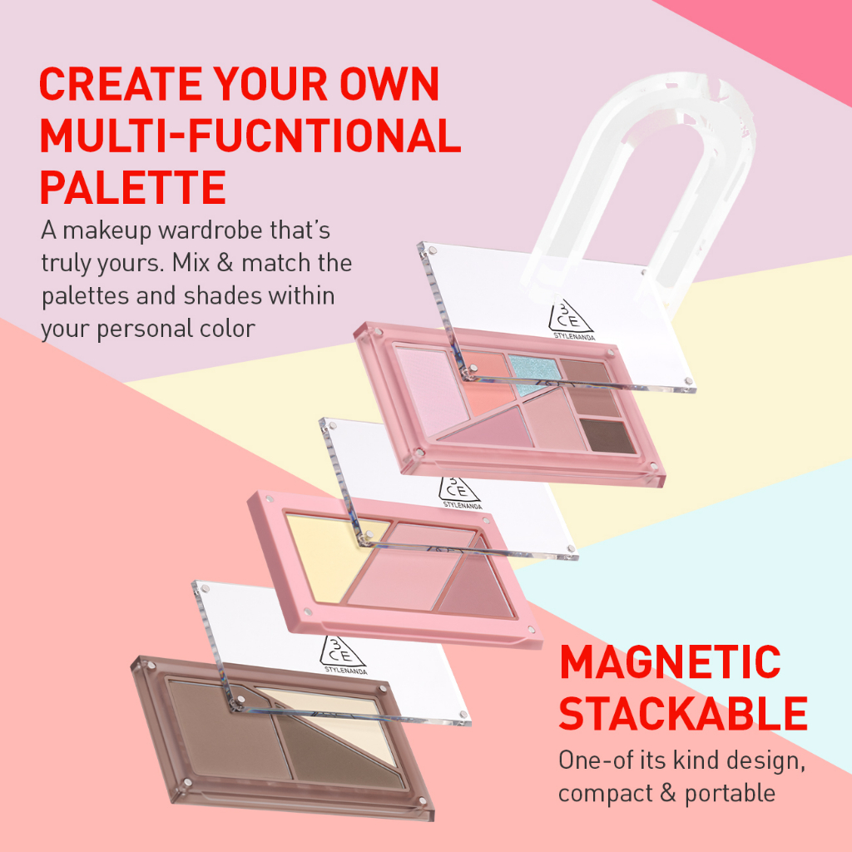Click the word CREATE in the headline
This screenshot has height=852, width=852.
(x=121, y=84)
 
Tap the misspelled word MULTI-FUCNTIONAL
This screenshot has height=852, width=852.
(x=250, y=136)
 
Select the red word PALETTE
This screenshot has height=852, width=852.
(x=133, y=187)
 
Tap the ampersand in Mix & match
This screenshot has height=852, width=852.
(x=225, y=263)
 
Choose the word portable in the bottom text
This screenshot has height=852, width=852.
(x=730, y=794)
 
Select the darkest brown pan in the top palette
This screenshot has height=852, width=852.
(x=607, y=435)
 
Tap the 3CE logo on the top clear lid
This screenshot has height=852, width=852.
(x=571, y=319)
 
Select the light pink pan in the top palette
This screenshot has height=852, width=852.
(x=432, y=389)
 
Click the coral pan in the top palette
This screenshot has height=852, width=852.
(x=487, y=381)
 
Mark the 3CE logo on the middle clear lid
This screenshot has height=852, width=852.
(x=459, y=493)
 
